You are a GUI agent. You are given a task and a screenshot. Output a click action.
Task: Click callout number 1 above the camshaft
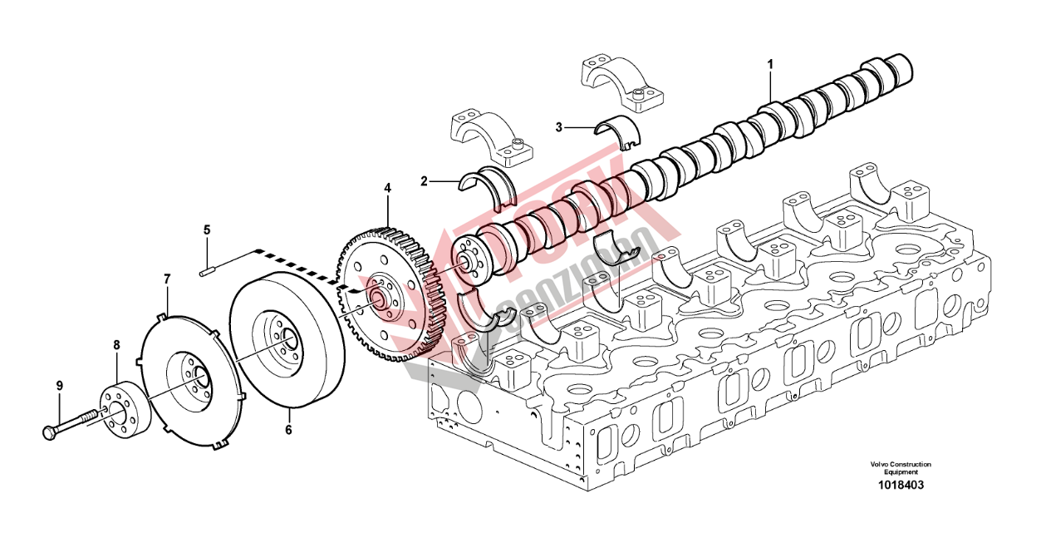pyautogui.click(x=770, y=63)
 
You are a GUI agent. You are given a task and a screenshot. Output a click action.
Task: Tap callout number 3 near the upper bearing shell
pyautogui.click(x=560, y=127)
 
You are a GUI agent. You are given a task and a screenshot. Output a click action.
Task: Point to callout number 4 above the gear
pyautogui.click(x=386, y=189)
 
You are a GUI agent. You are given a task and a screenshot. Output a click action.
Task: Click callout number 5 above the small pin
pyautogui.click(x=207, y=229)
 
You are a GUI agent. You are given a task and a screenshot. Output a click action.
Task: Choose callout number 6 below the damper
pyautogui.click(x=288, y=430)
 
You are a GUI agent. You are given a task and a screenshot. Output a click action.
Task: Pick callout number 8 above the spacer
pyautogui.click(x=116, y=343)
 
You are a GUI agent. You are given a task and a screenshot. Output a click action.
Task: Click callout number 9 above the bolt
pyautogui.click(x=59, y=385)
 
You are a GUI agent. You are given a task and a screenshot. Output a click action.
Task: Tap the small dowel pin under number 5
pyautogui.click(x=208, y=268)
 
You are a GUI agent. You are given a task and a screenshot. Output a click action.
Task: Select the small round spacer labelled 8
pyautogui.click(x=125, y=412)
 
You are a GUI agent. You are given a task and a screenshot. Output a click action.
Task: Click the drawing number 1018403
pyautogui.click(x=901, y=485)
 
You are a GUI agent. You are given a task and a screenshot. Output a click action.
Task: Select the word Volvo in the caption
pyautogui.click(x=879, y=464)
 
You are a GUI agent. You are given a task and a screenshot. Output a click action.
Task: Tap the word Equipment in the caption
pyautogui.click(x=901, y=472)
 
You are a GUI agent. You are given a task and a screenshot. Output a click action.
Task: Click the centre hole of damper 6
pyautogui.click(x=288, y=339)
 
